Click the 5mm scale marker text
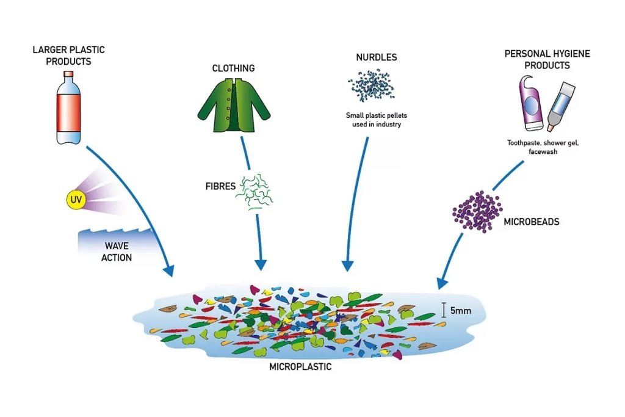pos(460,311)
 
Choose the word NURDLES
pos(377,57)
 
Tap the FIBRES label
pos(220,186)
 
